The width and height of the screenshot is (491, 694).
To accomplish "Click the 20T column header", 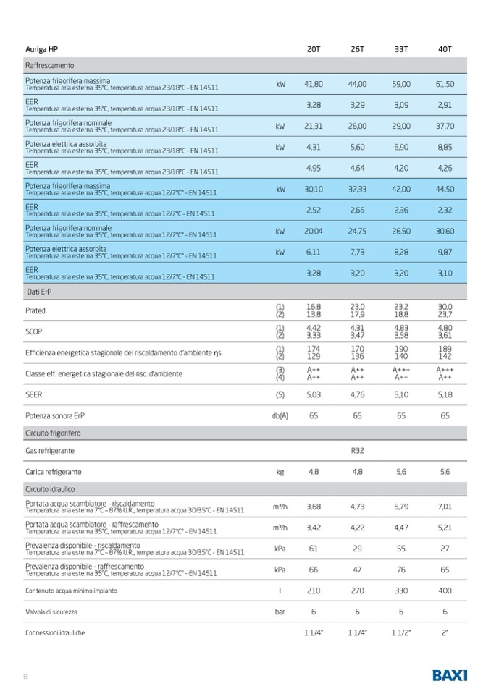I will click(314, 49).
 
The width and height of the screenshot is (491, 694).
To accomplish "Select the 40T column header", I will click(445, 49).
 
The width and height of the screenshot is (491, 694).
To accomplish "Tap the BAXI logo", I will click(450, 675).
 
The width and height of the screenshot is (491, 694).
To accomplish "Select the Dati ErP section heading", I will click(38, 292).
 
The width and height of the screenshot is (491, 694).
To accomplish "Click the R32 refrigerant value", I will click(357, 451).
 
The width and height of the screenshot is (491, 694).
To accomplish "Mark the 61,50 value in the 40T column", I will click(445, 84).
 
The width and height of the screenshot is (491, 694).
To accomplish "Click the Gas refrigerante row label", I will click(49, 451).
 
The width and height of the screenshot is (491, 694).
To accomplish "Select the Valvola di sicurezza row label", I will click(51, 612).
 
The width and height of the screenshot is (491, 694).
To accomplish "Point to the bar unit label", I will click(280, 612).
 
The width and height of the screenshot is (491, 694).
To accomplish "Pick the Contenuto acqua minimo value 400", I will click(445, 591).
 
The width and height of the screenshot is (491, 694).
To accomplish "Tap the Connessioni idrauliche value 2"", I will click(445, 632).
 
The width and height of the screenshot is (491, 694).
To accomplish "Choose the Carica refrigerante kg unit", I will click(280, 472).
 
